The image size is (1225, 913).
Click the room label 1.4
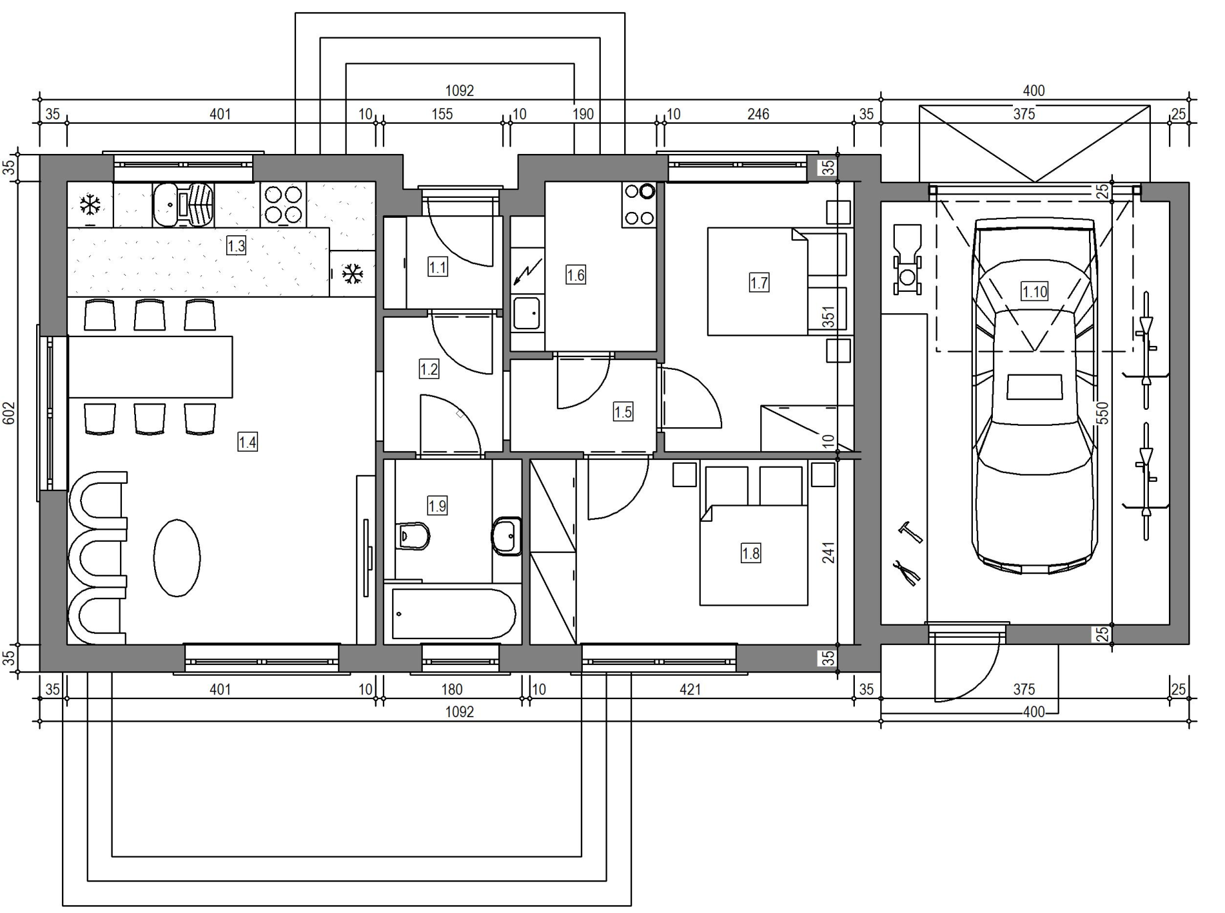tap(248, 442)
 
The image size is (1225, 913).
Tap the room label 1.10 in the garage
tap(1035, 291)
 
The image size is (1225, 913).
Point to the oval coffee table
tap(177, 557)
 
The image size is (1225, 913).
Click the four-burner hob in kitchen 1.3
tap(284, 204)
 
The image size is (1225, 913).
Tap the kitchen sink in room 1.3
tap(184, 204)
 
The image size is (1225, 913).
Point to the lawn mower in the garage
tap(907, 260)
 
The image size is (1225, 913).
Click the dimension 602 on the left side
tap(10, 412)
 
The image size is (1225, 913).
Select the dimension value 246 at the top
tap(758, 114)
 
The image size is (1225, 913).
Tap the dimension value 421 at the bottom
tap(690, 689)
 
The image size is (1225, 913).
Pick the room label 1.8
tap(750, 553)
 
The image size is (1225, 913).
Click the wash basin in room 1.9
tap(507, 535)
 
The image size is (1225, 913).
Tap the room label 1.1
tap(438, 267)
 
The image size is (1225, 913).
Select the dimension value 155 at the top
tap(442, 114)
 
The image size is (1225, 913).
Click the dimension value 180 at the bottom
tap(452, 689)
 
